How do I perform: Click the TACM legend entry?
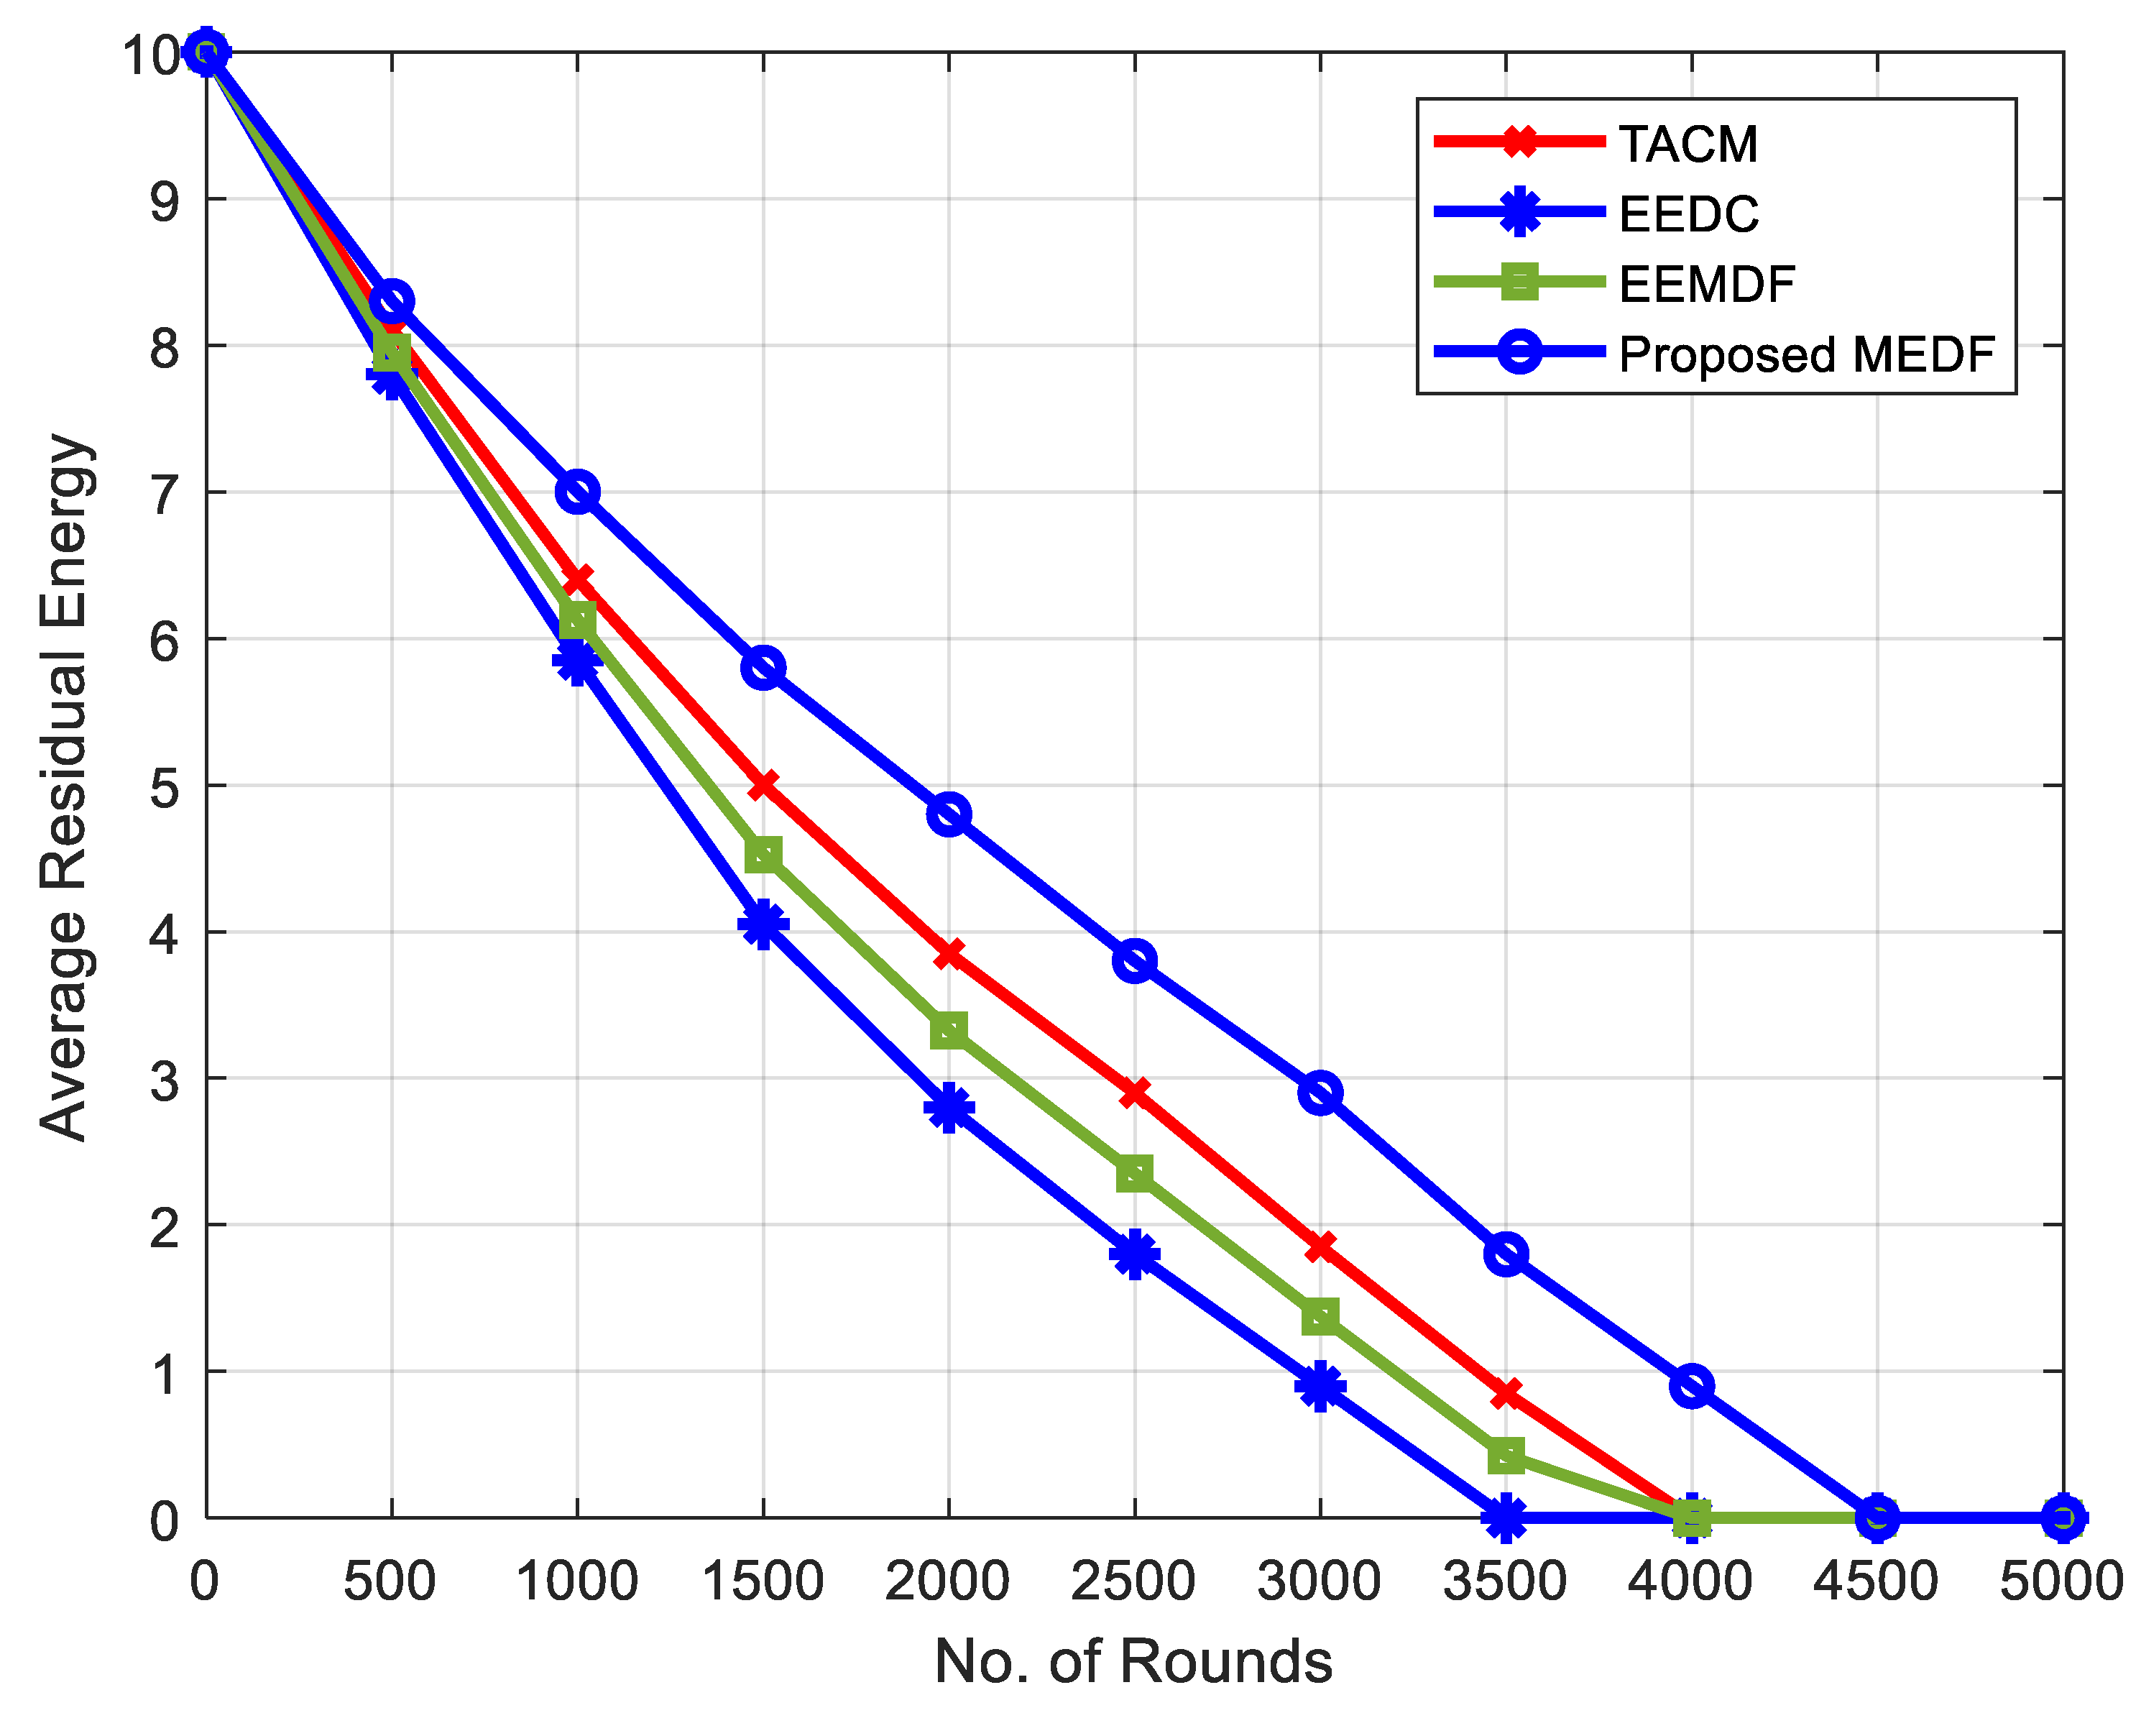1688,144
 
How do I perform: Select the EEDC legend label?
1688,213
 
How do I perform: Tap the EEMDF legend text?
1706,284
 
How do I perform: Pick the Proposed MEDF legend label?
1806,354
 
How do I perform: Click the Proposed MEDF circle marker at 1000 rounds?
577,492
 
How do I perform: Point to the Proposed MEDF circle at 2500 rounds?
1134,961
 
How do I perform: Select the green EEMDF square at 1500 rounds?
763,853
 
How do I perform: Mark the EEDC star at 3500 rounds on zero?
1506,1517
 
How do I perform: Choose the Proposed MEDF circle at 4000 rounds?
1691,1385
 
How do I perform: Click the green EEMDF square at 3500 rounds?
1506,1456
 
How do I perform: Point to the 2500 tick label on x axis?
1133,1581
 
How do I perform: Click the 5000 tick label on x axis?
2061,1581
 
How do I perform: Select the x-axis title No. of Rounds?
1133,1661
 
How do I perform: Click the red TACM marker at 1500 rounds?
763,784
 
